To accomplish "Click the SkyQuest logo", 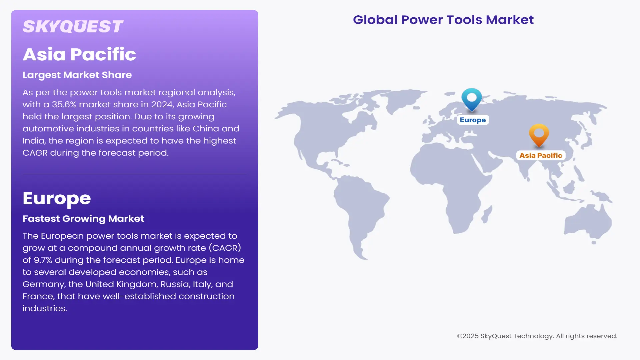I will (73, 27).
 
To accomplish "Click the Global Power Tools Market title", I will (443, 20).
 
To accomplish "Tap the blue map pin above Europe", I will (471, 98).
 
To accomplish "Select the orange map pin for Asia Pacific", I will (539, 134).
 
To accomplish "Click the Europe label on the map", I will (473, 120).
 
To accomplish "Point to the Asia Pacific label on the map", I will (540, 155).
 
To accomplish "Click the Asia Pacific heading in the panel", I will (79, 54).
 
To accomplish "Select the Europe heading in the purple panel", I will (57, 198).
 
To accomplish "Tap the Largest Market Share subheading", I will (77, 75).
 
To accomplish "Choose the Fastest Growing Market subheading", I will (83, 219).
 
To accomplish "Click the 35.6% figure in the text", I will (64, 105).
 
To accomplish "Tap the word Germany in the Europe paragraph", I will (44, 284).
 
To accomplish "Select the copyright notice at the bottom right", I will (537, 336).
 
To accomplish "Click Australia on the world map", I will (588, 222).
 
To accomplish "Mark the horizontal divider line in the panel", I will (135, 174).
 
